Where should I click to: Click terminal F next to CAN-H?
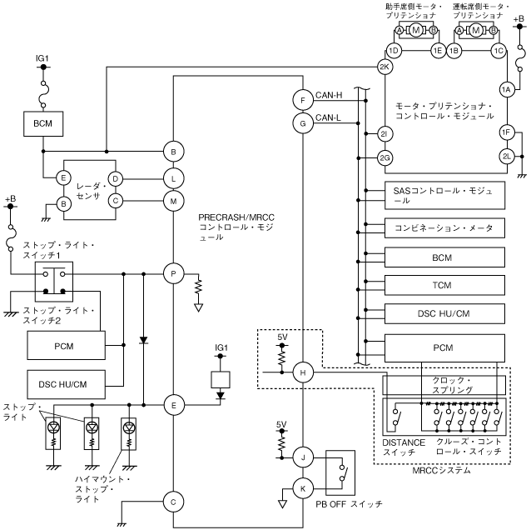click(x=302, y=100)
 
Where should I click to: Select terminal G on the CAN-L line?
click(x=302, y=123)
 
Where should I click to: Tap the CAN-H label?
click(x=330, y=95)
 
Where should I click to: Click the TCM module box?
click(x=442, y=285)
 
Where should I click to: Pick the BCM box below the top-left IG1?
click(x=42, y=122)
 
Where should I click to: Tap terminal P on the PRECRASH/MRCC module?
click(x=173, y=272)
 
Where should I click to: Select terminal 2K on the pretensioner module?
click(x=384, y=67)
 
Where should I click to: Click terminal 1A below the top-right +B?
click(x=505, y=90)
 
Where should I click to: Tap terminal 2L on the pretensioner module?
click(x=505, y=155)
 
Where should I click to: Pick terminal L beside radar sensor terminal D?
click(x=173, y=177)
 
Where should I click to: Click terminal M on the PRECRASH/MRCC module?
click(x=173, y=200)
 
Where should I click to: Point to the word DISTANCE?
click(x=404, y=442)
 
